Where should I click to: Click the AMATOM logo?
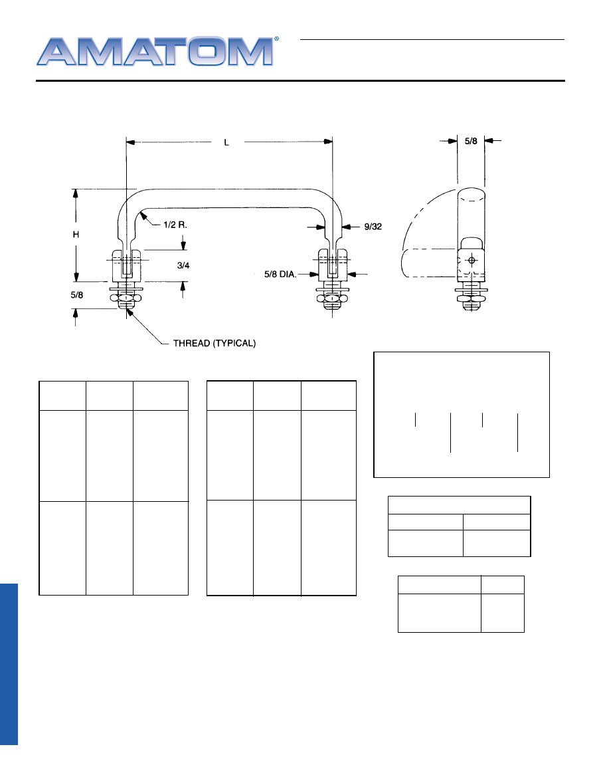(x=155, y=51)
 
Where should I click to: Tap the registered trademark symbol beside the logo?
(x=277, y=39)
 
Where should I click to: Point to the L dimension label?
(x=226, y=142)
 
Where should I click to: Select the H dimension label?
(x=76, y=234)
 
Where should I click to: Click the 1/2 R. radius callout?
(x=175, y=225)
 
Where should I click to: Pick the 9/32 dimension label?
(x=373, y=227)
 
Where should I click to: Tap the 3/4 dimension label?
(x=183, y=265)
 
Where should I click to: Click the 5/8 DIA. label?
(x=280, y=274)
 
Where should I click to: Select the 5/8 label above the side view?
(x=471, y=141)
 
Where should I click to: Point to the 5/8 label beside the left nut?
(x=76, y=295)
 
